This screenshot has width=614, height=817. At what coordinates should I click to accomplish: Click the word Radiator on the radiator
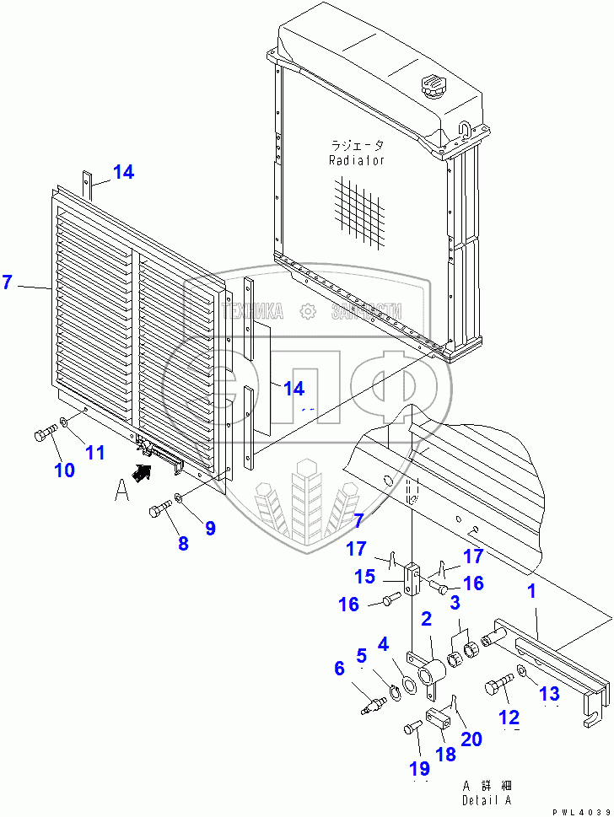[356, 160]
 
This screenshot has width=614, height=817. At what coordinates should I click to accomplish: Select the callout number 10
[64, 470]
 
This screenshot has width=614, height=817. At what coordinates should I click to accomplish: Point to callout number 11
[95, 453]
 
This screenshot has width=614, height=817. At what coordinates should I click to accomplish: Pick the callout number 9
[209, 529]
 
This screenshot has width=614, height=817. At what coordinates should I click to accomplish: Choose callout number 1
[531, 593]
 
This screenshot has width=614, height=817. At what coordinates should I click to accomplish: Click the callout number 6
[339, 668]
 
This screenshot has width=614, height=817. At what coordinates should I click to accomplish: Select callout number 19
[419, 768]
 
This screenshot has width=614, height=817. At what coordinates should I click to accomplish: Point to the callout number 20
[471, 739]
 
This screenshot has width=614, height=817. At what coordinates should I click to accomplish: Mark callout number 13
[549, 693]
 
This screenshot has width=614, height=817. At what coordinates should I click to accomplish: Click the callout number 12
[510, 718]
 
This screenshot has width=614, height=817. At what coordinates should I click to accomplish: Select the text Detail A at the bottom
[486, 800]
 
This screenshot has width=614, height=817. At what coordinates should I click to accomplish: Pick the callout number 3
[454, 603]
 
